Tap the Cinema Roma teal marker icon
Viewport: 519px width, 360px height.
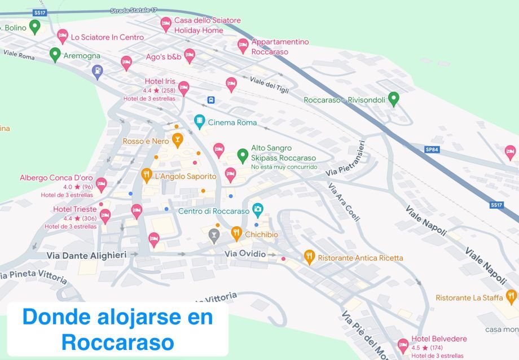[x=199, y=121]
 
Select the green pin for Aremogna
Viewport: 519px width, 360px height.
[x=55, y=54]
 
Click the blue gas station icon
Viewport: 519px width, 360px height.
[x=98, y=71]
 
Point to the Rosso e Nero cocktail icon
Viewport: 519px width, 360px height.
[x=178, y=139]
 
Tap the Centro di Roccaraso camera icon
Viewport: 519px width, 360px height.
[x=258, y=209]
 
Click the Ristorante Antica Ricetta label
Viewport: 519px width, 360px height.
[x=360, y=258]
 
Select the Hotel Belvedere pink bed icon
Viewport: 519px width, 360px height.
[x=403, y=344]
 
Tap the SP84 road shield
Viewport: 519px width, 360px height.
[x=432, y=150]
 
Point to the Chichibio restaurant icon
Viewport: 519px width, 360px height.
[x=236, y=232]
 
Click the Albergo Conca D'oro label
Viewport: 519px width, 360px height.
[x=56, y=177]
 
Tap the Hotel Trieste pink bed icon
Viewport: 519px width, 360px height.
[x=105, y=215]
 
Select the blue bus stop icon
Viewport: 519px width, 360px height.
[x=211, y=100]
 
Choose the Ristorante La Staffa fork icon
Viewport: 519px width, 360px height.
[x=511, y=295]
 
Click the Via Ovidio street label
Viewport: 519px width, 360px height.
[x=245, y=254]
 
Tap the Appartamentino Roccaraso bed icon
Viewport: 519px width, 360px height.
[x=243, y=45]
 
